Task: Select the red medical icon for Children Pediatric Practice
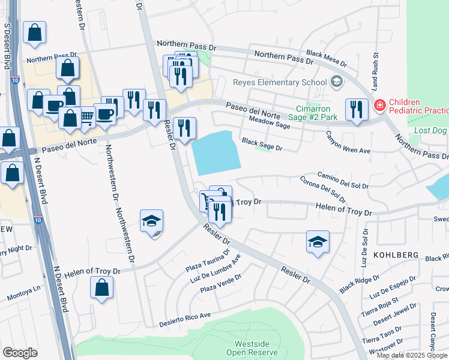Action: coord(379,106)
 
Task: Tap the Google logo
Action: coord(20,353)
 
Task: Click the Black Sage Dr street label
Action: coord(262,143)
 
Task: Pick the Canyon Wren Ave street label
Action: coord(348,142)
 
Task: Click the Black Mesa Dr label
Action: coord(327,58)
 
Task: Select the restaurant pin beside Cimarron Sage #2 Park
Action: coord(357,110)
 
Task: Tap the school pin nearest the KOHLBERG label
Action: coord(318,242)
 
